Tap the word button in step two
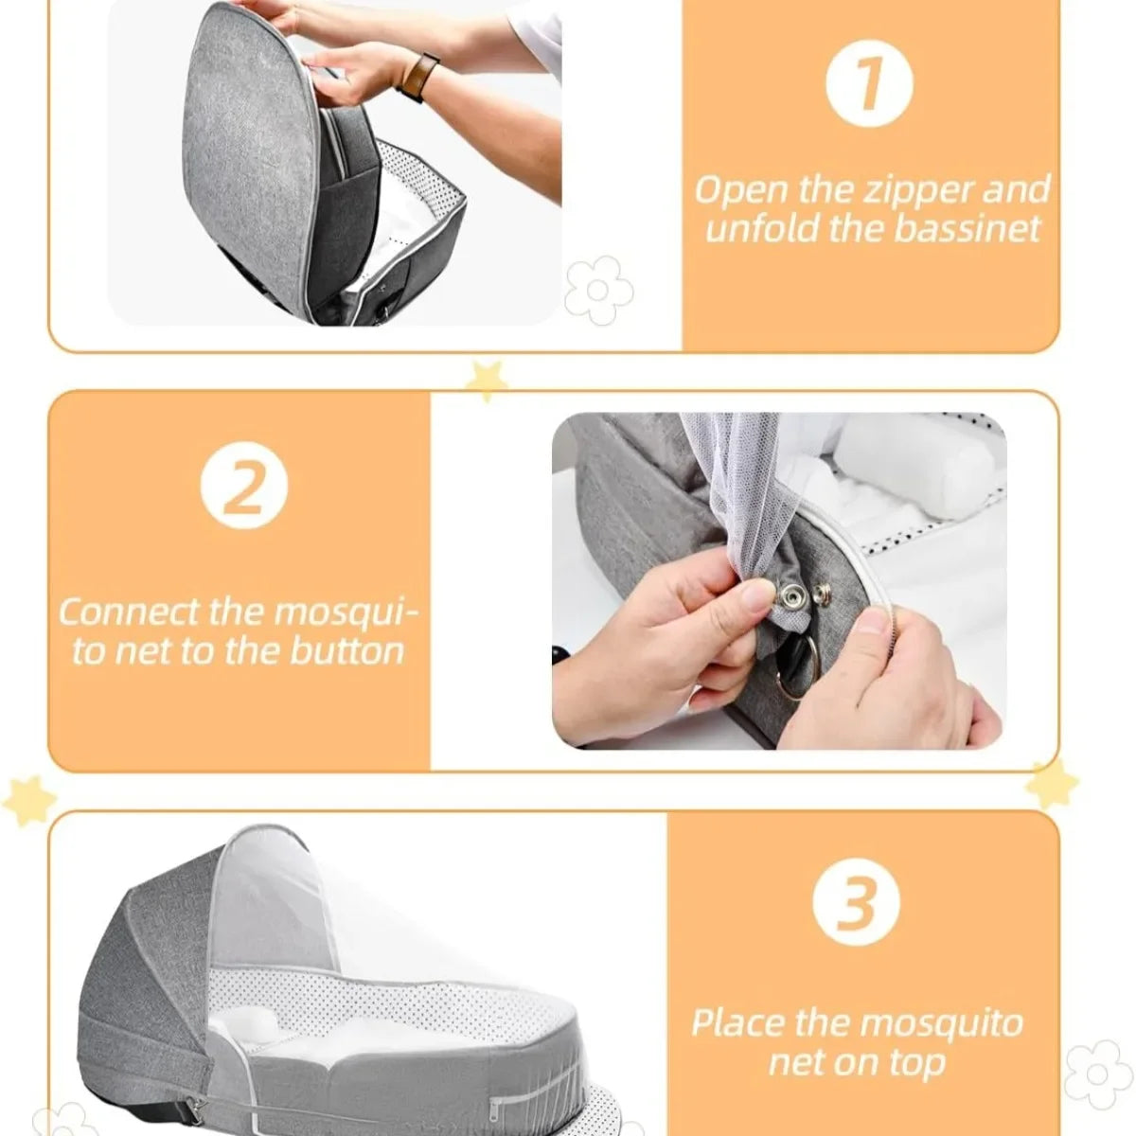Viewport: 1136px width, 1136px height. tap(346, 652)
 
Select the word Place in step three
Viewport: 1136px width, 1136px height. tap(737, 1023)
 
